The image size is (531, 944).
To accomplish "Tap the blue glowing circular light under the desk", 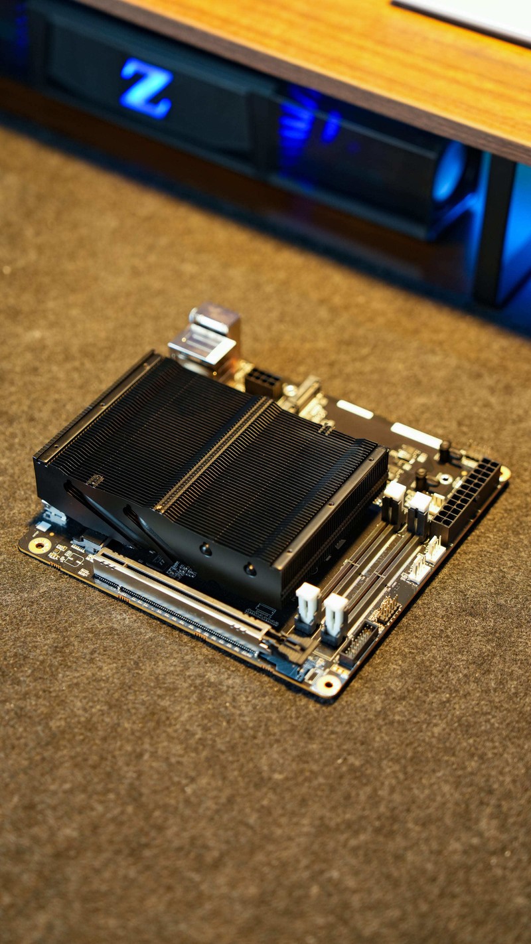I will tap(449, 172).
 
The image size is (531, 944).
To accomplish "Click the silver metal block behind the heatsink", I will tap(204, 338).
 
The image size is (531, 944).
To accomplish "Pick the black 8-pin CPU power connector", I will tap(264, 383).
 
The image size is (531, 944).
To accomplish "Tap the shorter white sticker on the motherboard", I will tap(354, 409).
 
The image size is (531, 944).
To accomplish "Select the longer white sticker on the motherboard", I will tap(416, 435).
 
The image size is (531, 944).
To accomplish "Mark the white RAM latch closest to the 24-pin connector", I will tap(419, 505).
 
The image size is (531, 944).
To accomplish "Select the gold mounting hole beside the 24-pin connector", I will tap(504, 473).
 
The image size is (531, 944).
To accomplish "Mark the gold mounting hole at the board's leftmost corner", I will tap(39, 546).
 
